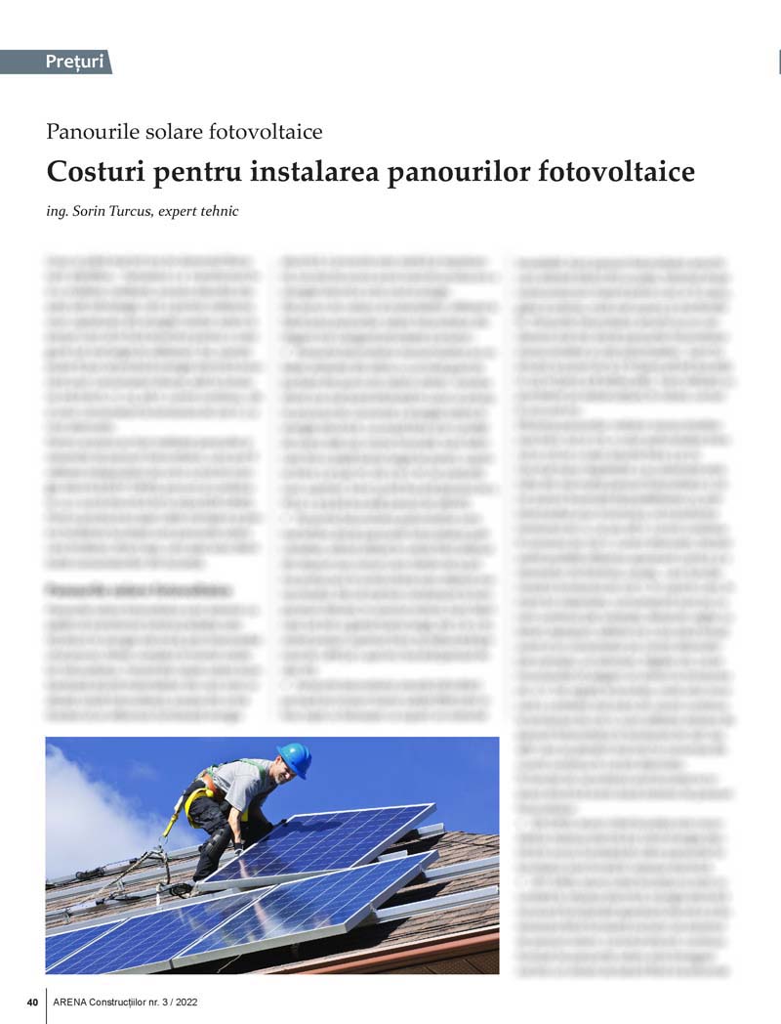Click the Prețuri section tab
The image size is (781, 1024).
pyautogui.click(x=74, y=63)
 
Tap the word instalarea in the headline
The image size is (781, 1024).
pyautogui.click(x=314, y=172)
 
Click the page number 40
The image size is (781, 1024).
pyautogui.click(x=32, y=1002)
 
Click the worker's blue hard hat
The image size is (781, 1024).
pyautogui.click(x=294, y=757)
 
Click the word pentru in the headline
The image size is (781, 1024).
pyautogui.click(x=196, y=173)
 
